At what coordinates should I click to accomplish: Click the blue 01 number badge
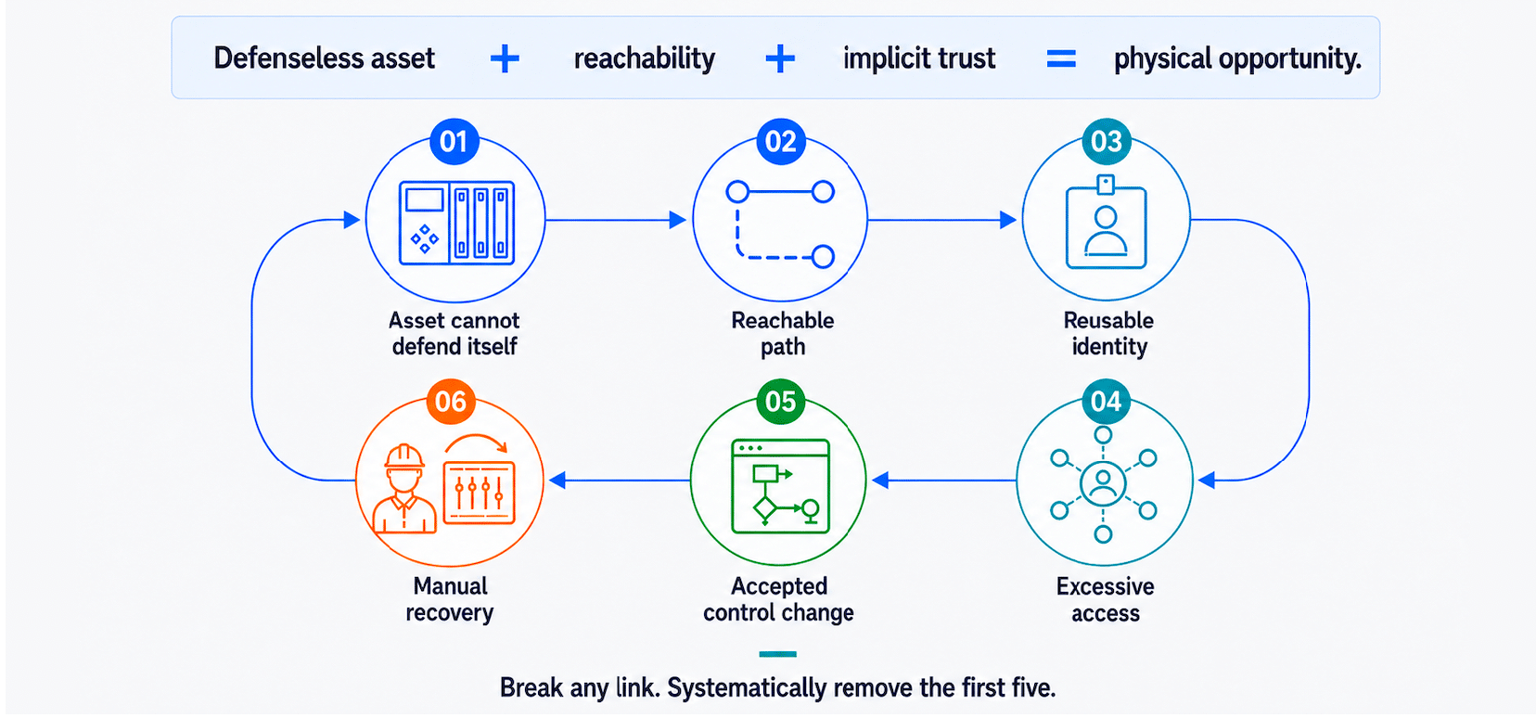click(454, 141)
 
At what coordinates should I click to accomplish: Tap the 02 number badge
click(780, 141)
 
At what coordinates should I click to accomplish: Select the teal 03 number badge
click(1106, 141)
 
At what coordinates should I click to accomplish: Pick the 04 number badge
click(1106, 401)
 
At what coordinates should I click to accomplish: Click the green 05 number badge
click(780, 401)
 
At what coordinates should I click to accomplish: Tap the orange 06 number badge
click(451, 401)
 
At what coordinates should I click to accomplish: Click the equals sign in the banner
click(1061, 58)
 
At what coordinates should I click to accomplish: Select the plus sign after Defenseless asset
click(505, 58)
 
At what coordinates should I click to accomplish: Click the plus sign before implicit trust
click(780, 58)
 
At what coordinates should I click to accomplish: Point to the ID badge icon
click(1106, 222)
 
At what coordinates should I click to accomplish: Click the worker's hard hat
click(403, 456)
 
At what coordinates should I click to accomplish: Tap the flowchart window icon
click(780, 486)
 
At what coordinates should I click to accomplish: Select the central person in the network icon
click(1103, 483)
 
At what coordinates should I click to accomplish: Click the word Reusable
click(1108, 320)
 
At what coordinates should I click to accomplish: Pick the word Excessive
click(1106, 586)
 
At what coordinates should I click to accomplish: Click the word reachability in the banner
click(645, 59)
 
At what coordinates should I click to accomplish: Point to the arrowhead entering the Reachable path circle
click(677, 220)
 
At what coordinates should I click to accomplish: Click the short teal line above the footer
click(777, 654)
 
